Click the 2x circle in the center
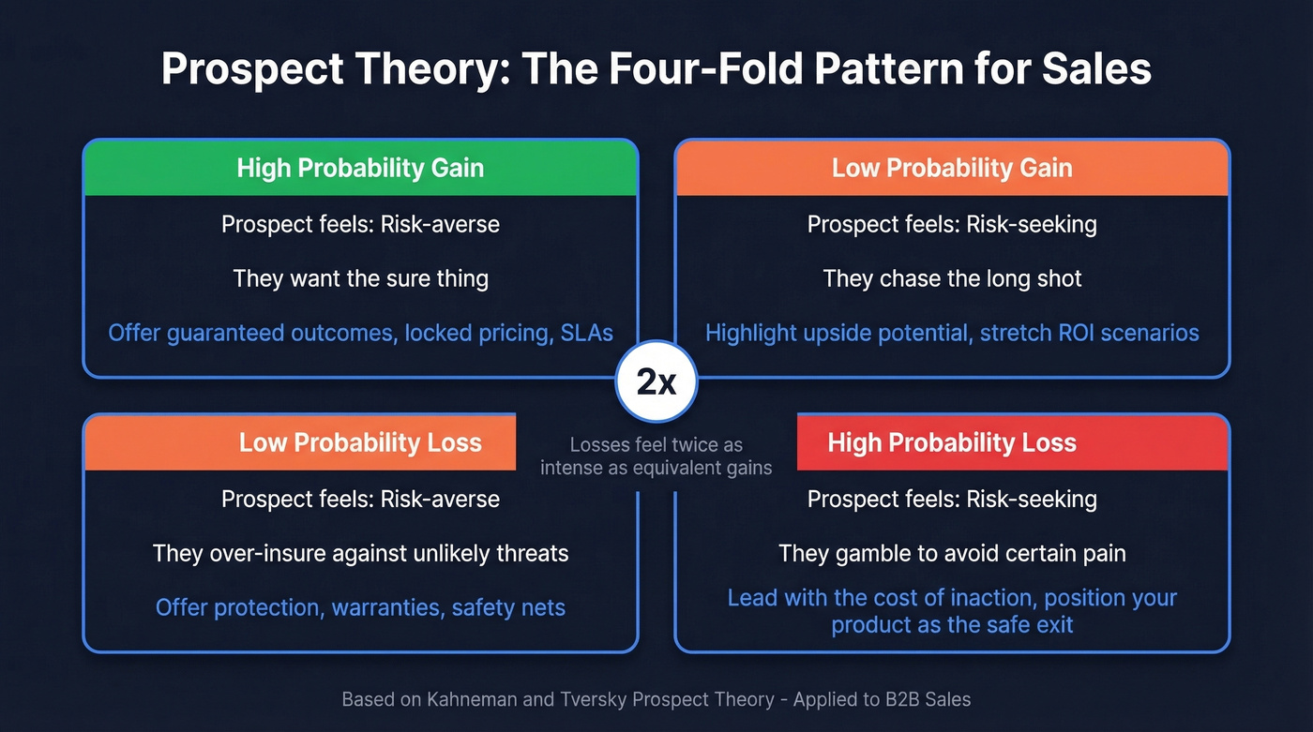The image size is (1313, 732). tap(656, 382)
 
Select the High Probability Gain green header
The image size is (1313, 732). tap(360, 169)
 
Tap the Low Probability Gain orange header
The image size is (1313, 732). tap(951, 169)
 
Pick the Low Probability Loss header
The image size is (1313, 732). tap(360, 442)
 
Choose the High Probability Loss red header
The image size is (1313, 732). tap(951, 442)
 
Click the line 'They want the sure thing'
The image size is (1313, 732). tap(360, 278)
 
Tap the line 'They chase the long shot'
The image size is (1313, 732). tap(952, 278)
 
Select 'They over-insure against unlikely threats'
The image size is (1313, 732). tap(360, 553)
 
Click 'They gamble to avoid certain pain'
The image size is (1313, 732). tap(952, 553)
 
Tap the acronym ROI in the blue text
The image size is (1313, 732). tap(1071, 333)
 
